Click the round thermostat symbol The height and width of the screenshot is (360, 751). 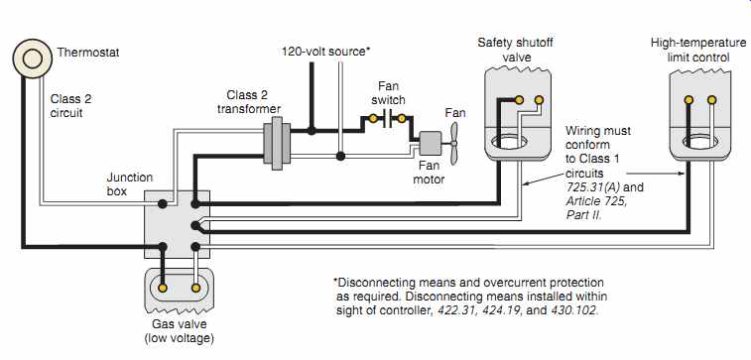[32, 60]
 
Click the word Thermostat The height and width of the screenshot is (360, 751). [88, 53]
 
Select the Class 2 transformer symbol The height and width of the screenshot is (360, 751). [277, 143]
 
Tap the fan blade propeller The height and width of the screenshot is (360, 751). [453, 143]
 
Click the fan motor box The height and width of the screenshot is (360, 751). [431, 143]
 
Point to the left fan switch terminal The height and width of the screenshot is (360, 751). [372, 118]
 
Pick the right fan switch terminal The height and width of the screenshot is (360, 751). [402, 118]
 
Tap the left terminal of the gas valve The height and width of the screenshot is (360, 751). [163, 288]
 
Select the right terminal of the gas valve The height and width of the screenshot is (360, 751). [195, 288]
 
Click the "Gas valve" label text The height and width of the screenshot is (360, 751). [180, 324]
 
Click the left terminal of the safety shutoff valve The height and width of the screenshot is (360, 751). [519, 100]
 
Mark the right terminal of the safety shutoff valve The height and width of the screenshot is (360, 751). [539, 100]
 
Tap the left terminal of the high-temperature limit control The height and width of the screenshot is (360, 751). [688, 100]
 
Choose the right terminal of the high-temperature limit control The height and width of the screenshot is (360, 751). [711, 100]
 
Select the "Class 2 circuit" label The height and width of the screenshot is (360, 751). [70, 106]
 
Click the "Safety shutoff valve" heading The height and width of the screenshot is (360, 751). [515, 50]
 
